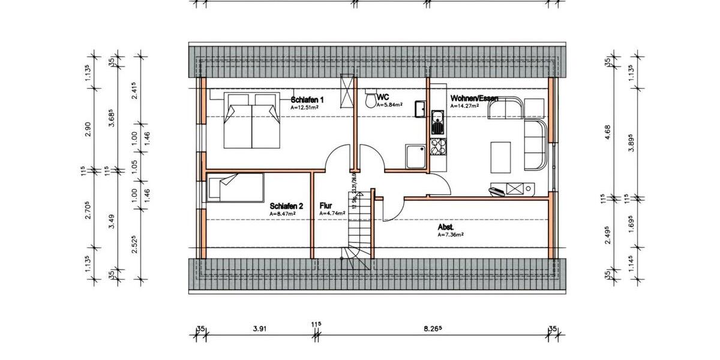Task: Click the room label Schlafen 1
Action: pyautogui.click(x=307, y=100)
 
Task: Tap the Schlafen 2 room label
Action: pyautogui.click(x=286, y=205)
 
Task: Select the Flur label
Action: pyautogui.click(x=326, y=205)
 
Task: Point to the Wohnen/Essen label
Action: pyautogui.click(x=473, y=98)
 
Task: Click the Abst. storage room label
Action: pyautogui.click(x=445, y=227)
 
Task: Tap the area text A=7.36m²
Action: pyautogui.click(x=450, y=235)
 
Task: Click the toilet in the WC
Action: pyautogui.click(x=370, y=99)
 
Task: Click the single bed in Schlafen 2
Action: pyautogui.click(x=235, y=187)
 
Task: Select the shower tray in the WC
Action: pyautogui.click(x=415, y=157)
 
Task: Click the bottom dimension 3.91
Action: pyautogui.click(x=259, y=329)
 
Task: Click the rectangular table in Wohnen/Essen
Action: pyautogui.click(x=500, y=156)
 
